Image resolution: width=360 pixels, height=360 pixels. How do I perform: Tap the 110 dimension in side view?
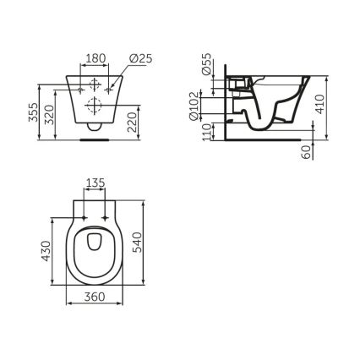(208, 132)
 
